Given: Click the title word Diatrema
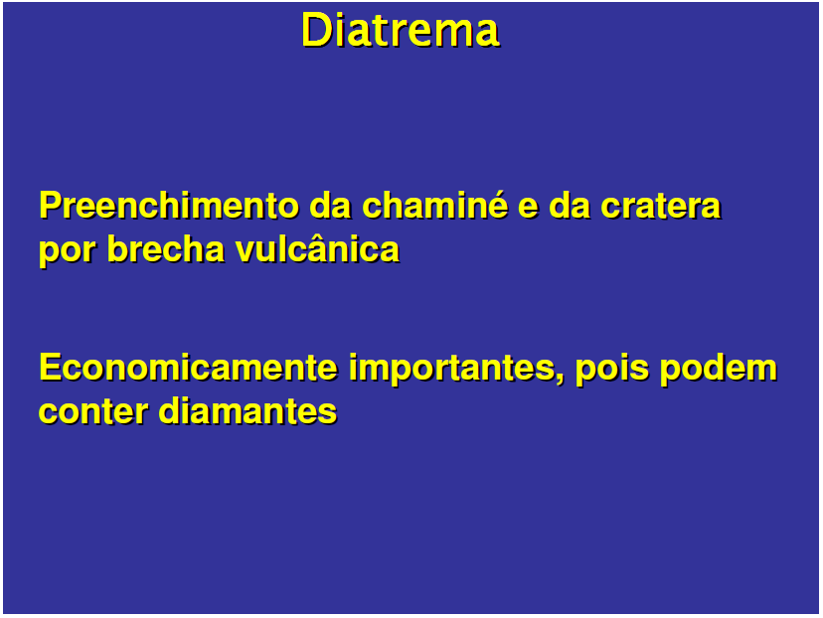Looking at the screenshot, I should pos(400,31).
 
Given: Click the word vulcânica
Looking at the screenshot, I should pos(317,248).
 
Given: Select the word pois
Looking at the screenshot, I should pos(607,368).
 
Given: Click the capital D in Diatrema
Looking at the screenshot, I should pos(314,31).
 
